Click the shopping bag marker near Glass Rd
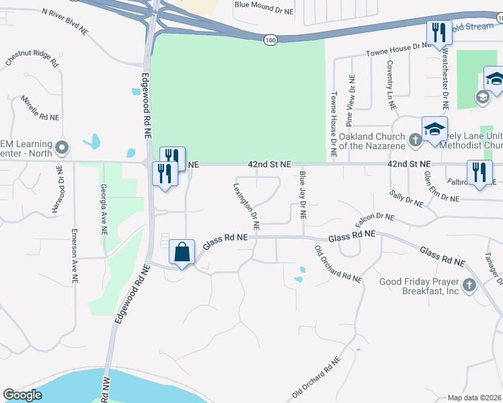(182, 253)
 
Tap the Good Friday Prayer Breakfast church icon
(469, 285)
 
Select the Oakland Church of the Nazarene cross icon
(416, 140)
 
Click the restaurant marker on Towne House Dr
(437, 34)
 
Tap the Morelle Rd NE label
(40, 107)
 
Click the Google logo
(23, 395)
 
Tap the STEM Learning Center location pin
(63, 146)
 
